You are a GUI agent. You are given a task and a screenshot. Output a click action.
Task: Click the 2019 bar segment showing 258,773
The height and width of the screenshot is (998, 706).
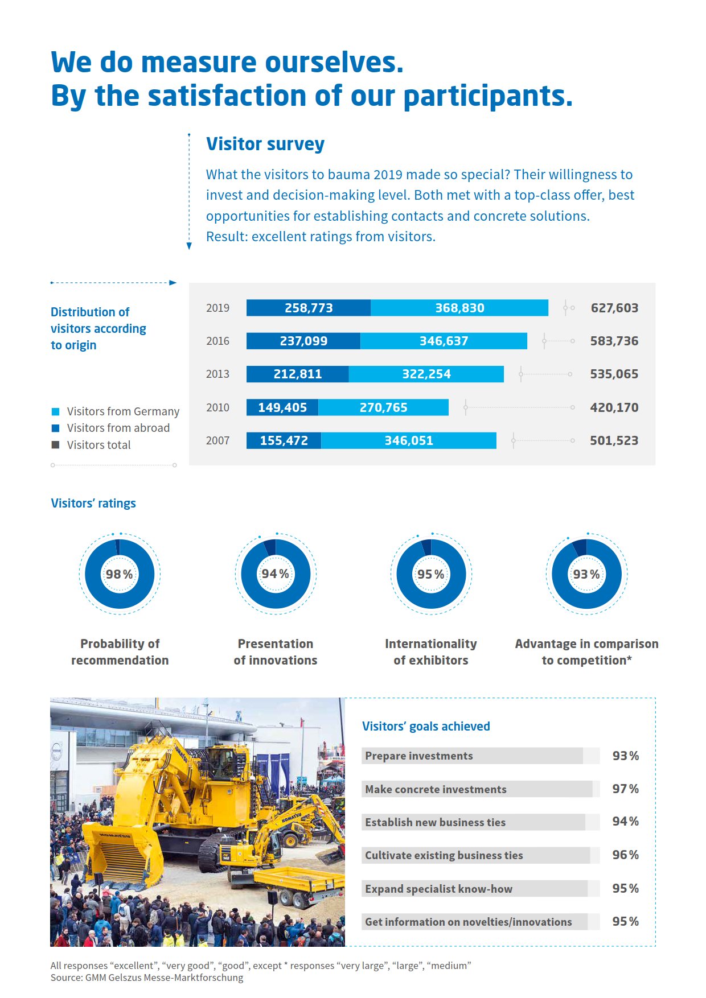click(x=308, y=308)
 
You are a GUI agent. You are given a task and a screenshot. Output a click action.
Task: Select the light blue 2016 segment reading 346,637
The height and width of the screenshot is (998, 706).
click(x=444, y=341)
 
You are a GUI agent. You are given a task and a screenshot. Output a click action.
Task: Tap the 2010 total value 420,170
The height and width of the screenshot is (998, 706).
click(x=614, y=407)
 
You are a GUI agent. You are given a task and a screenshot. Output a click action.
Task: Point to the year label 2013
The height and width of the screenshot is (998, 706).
click(x=217, y=374)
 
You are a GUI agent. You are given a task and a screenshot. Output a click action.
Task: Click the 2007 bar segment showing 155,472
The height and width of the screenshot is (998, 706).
click(x=284, y=440)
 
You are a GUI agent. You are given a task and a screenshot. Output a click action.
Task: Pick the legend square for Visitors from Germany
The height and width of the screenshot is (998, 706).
click(x=56, y=411)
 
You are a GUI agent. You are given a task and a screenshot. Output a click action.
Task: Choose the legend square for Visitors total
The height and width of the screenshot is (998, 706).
click(x=56, y=445)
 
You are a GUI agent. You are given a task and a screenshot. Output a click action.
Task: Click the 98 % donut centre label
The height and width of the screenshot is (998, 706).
click(x=120, y=574)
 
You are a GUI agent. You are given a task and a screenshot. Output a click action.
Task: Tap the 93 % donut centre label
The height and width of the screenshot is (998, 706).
click(x=586, y=574)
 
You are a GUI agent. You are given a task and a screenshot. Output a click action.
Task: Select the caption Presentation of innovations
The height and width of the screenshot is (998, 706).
click(x=276, y=652)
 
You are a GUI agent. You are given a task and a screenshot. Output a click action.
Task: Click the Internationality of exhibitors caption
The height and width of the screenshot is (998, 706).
click(x=431, y=652)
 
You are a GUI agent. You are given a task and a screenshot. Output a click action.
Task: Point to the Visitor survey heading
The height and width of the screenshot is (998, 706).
click(x=265, y=144)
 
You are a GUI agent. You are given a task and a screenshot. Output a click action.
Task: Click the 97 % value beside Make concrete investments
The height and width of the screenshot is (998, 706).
click(x=625, y=789)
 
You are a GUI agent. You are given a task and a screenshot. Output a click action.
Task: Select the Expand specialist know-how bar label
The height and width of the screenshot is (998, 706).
click(x=438, y=889)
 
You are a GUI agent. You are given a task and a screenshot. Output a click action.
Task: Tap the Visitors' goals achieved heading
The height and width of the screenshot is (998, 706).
click(x=426, y=726)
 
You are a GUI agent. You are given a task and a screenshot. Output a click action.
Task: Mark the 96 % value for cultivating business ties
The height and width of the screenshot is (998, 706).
click(x=625, y=855)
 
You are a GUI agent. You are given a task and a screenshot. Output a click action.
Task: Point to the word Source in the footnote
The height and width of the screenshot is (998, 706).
click(x=66, y=978)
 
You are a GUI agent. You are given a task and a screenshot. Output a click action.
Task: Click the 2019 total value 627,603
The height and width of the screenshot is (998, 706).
click(x=614, y=308)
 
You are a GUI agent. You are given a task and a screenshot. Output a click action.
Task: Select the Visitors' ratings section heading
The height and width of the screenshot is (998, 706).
click(x=93, y=503)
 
